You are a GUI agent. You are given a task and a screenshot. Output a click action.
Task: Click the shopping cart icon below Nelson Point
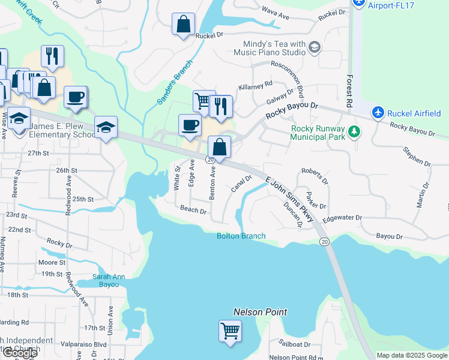[x=230, y=331]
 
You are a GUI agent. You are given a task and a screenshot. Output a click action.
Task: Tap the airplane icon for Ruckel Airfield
[x=378, y=112]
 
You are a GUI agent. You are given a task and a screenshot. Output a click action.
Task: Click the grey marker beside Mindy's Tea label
[x=314, y=47]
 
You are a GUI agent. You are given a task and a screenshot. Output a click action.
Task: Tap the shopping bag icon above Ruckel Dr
[x=183, y=25]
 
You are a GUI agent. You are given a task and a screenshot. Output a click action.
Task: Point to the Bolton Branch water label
[x=241, y=236]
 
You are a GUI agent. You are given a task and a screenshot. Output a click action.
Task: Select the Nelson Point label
[x=260, y=312]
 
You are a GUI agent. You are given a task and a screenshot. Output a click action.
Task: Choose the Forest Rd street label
[x=349, y=91]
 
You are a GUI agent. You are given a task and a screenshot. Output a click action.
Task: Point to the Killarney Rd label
[x=256, y=85]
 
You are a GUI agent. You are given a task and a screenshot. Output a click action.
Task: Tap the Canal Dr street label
[x=241, y=184]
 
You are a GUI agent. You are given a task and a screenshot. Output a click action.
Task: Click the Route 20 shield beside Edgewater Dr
[x=324, y=241]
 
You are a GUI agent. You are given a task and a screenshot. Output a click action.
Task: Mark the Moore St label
[x=51, y=263]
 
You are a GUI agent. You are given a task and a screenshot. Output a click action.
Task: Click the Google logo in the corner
[x=20, y=353]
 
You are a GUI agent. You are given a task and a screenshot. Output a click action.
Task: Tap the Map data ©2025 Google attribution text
[x=411, y=355]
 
